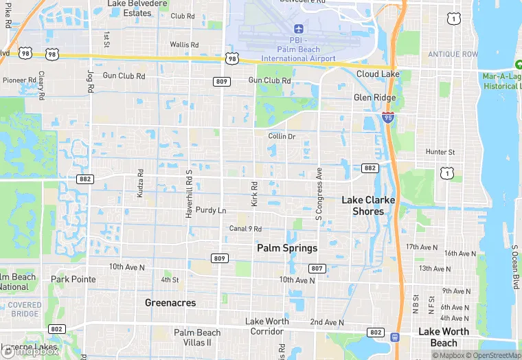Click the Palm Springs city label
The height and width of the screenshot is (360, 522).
pos(287,248)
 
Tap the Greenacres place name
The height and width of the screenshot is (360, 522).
pos(170,302)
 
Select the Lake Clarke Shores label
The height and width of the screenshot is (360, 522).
pos(368,205)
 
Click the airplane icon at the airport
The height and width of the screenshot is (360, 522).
pos(298,28)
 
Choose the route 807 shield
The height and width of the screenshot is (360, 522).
pos(317,267)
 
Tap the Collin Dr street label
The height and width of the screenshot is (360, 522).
pos(282,136)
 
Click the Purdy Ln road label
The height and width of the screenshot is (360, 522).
pos(211,210)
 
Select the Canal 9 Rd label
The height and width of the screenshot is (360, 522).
pos(245,229)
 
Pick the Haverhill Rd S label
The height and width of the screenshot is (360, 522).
pos(188,194)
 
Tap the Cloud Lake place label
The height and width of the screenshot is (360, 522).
pos(378,74)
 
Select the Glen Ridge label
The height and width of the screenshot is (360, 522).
pos(374,98)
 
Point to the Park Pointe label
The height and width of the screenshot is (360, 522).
pos(73,280)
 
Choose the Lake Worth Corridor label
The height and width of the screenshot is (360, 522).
pos(267,326)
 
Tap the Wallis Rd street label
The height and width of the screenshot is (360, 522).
pos(184,45)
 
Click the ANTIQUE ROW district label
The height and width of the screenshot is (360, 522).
pos(452,54)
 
